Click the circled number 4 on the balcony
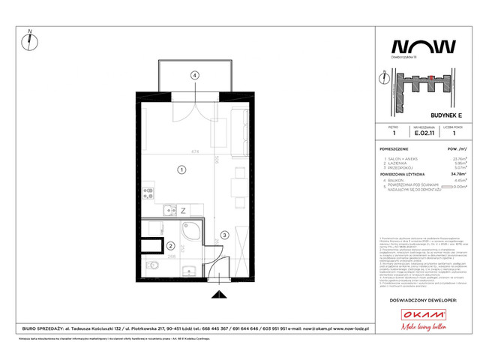(194, 75)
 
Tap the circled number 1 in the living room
(181, 170)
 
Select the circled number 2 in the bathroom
(171, 245)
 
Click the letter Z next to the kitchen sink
(182, 212)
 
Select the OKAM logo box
(422, 314)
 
